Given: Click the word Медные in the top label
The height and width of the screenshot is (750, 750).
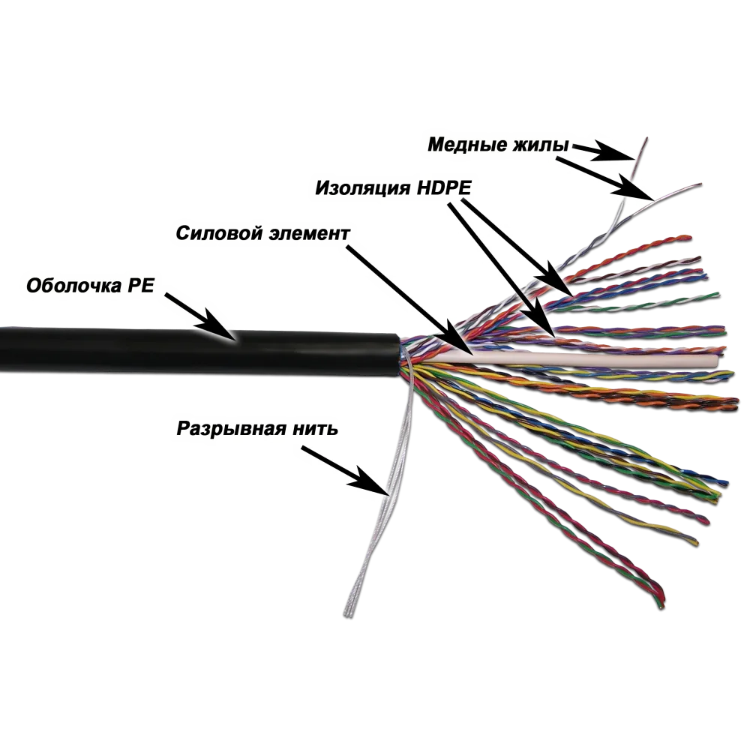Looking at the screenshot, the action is point(466,145).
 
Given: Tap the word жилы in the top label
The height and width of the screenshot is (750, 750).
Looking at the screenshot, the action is point(541,145).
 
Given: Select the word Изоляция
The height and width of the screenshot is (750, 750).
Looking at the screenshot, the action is point(362,188).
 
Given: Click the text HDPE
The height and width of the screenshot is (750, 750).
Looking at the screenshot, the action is point(444,187).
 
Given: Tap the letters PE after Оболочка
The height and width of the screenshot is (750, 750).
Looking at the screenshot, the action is point(141,286).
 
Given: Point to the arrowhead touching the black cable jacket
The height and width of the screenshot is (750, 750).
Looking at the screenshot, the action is point(220,328).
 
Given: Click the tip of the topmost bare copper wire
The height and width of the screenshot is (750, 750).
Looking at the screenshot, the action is point(646,139).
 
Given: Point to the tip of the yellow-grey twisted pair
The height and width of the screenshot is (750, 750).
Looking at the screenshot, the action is point(696,543).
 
